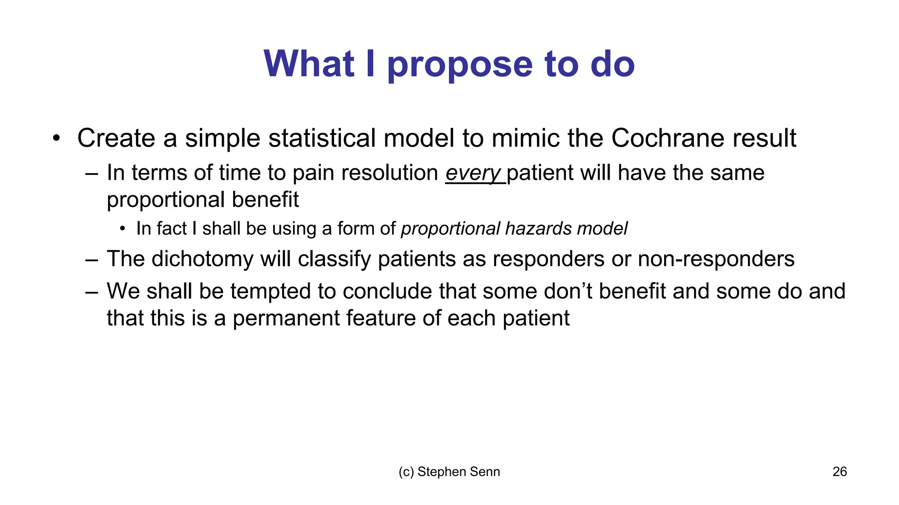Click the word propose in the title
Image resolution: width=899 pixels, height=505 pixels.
click(x=460, y=65)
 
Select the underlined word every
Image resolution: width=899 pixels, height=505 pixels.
click(x=473, y=173)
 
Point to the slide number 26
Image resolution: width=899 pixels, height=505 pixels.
click(x=839, y=472)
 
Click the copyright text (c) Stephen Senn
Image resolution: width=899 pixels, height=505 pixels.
click(x=449, y=472)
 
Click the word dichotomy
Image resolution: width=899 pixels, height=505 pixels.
click(x=202, y=259)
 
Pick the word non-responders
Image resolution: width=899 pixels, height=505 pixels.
click(x=716, y=259)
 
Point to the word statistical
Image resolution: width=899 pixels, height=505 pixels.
click(x=323, y=138)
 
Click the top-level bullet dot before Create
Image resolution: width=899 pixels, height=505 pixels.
click(x=56, y=139)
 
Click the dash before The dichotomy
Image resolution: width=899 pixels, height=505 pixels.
click(x=91, y=259)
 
